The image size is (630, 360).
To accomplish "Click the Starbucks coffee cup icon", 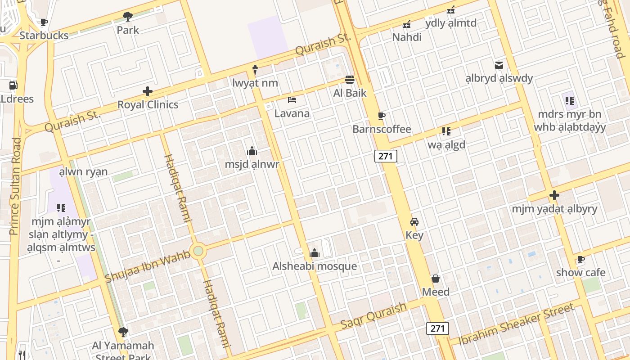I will (x=44, y=22).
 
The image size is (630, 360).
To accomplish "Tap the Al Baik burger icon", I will (x=350, y=80).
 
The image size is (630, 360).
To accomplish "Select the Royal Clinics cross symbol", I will (x=148, y=91).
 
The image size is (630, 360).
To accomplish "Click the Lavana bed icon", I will (x=292, y=99).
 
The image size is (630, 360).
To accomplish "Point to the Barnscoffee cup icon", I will (x=382, y=116).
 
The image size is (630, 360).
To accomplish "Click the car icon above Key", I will (x=414, y=222).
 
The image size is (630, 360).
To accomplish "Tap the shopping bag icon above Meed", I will (x=435, y=279).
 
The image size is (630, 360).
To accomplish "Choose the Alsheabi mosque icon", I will (x=315, y=253).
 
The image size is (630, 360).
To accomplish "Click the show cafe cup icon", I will (x=580, y=259).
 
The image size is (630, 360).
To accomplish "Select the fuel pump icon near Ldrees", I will (x=13, y=85).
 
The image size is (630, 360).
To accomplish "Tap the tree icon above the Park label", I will (x=128, y=17).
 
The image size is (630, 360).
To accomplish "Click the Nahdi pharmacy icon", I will (x=407, y=24).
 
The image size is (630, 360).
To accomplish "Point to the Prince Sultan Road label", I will (x=15, y=186).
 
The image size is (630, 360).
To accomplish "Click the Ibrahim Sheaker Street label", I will (x=516, y=324).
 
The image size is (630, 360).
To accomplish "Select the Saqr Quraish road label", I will (x=373, y=315).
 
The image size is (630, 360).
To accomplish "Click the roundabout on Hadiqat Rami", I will (x=198, y=251).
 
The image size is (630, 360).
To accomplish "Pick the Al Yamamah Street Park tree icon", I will (x=123, y=332).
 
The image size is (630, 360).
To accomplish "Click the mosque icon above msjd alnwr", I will (x=252, y=151).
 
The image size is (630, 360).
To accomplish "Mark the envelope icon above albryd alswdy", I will (x=499, y=65).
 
